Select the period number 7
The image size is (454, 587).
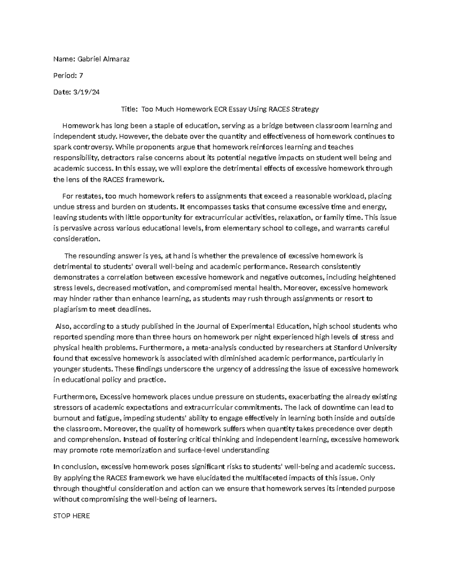(81, 76)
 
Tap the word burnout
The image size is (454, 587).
(66, 418)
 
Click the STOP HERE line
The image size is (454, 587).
(72, 516)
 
